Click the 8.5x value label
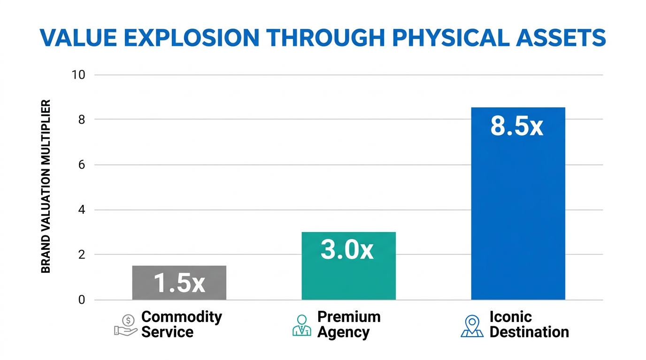coord(517,126)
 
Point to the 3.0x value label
coord(347,249)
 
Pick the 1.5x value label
coord(179,284)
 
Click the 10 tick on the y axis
coord(78,75)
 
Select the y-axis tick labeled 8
coord(82,120)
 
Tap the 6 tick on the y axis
coord(82,165)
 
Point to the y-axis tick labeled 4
coord(82,210)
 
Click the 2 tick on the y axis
coord(82,255)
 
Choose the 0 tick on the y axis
coord(82,300)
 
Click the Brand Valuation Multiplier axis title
coord(46,187)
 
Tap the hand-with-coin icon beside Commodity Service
coord(126,325)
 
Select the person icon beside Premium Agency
coord(301,325)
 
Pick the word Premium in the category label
coord(349,317)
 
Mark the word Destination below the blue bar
coord(529,332)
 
